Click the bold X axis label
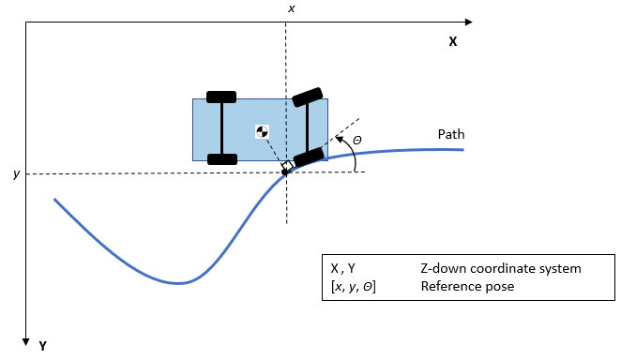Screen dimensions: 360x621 [x=452, y=42]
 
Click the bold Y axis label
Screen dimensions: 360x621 [x=43, y=346]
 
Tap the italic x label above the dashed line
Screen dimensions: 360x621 [x=291, y=8]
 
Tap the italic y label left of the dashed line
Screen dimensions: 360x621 [x=16, y=174]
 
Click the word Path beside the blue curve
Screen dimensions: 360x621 [x=451, y=135]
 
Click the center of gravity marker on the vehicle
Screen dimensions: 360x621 [x=263, y=131]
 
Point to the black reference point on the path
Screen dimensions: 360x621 [x=285, y=172]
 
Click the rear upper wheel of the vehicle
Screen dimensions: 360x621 [x=221, y=97]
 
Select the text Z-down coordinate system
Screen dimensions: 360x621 [x=501, y=269]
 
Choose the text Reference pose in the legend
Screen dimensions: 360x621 [x=467, y=287]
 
